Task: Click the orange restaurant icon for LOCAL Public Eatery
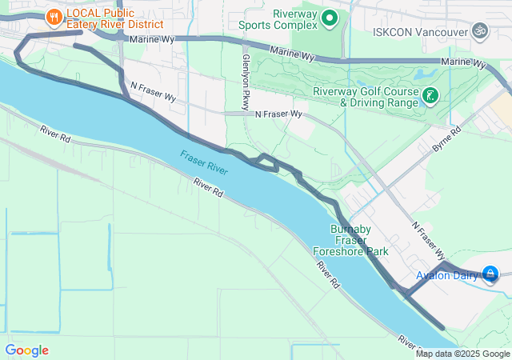pyautogui.click(x=54, y=15)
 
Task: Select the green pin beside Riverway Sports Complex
pyautogui.click(x=330, y=17)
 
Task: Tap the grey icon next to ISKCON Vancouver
pyautogui.click(x=480, y=31)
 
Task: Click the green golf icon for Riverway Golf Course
pyautogui.click(x=430, y=97)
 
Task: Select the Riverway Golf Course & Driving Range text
pyautogui.click(x=366, y=97)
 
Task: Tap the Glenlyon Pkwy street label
pyautogui.click(x=246, y=78)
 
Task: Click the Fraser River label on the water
pyautogui.click(x=204, y=162)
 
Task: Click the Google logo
pyautogui.click(x=26, y=350)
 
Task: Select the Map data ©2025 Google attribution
pyautogui.click(x=462, y=354)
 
